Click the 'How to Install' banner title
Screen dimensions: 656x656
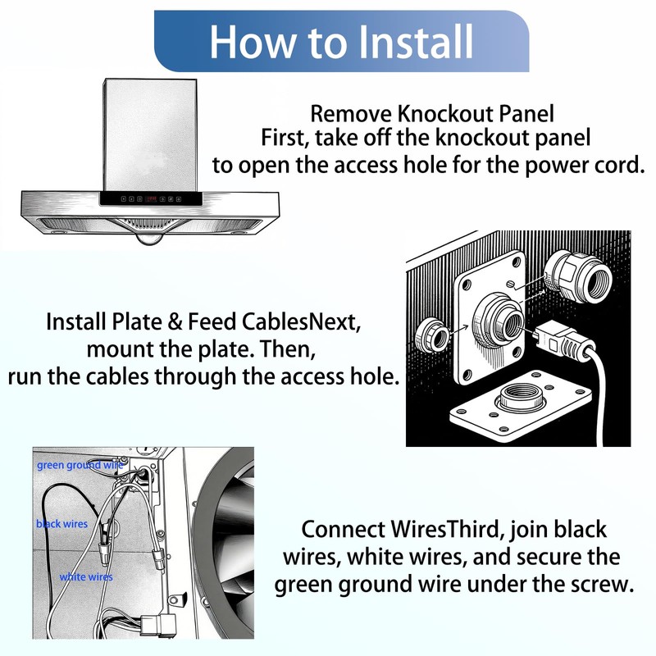(x=341, y=41)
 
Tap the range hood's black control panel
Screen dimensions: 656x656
(x=151, y=198)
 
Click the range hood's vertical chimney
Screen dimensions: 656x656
(x=150, y=135)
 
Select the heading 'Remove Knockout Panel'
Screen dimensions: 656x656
(x=432, y=114)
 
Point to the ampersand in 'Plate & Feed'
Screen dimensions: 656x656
(x=175, y=321)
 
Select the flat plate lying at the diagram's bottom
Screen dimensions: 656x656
(x=521, y=405)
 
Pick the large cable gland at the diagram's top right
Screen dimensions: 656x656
(x=578, y=278)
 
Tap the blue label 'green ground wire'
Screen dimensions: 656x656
(x=80, y=465)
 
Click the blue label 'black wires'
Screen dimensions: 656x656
(x=62, y=524)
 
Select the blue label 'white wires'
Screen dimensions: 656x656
(x=86, y=577)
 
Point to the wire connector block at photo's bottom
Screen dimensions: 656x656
(x=157, y=626)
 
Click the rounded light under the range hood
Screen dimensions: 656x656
(x=149, y=239)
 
